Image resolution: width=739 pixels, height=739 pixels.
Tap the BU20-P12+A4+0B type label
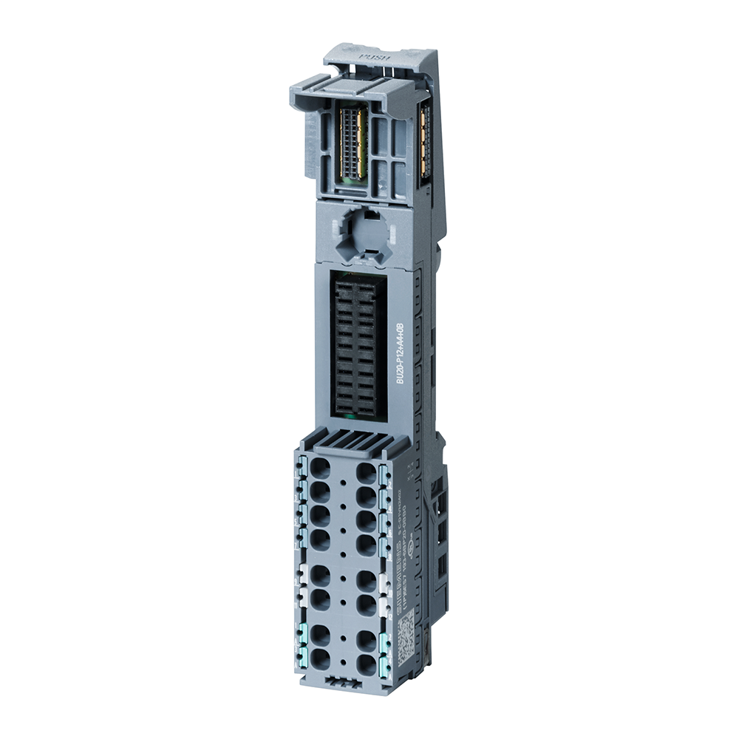coord(401,353)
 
